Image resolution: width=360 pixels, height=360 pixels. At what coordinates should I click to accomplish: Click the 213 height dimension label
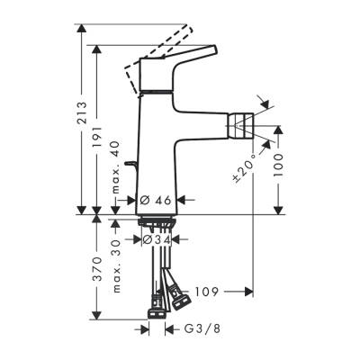[x=82, y=112]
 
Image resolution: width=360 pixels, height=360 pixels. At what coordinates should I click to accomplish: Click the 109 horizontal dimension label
[x=206, y=292]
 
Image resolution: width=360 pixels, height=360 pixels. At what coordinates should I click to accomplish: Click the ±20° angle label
[x=255, y=167]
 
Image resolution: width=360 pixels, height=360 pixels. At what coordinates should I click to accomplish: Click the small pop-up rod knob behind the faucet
[x=130, y=164]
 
